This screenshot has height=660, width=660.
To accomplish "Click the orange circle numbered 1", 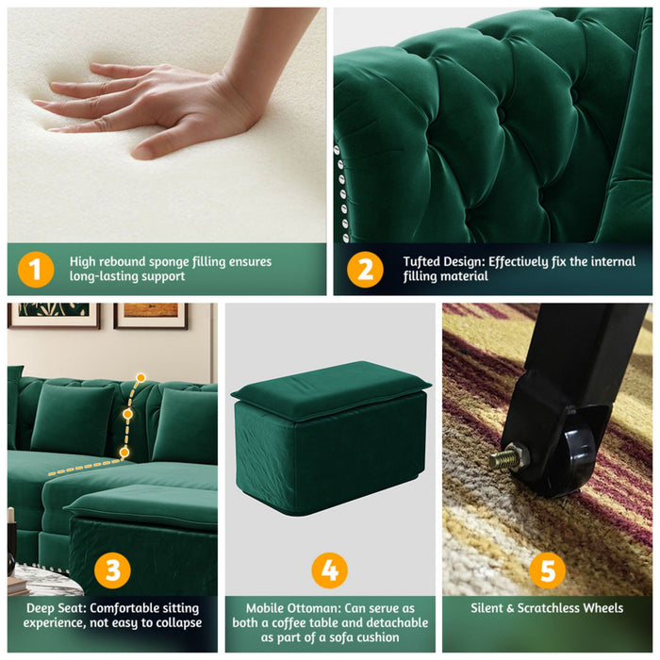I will [35, 270].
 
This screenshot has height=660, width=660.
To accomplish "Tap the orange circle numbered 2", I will [365, 270].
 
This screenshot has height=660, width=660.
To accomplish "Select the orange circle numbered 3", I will [112, 569].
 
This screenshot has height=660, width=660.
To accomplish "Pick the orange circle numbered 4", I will [329, 569].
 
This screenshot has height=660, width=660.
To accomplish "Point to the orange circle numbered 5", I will [547, 569].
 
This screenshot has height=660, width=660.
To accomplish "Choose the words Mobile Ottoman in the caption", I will [289, 608].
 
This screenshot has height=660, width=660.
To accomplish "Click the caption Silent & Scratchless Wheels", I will [547, 608].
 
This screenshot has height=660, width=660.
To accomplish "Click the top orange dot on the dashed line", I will [140, 377].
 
